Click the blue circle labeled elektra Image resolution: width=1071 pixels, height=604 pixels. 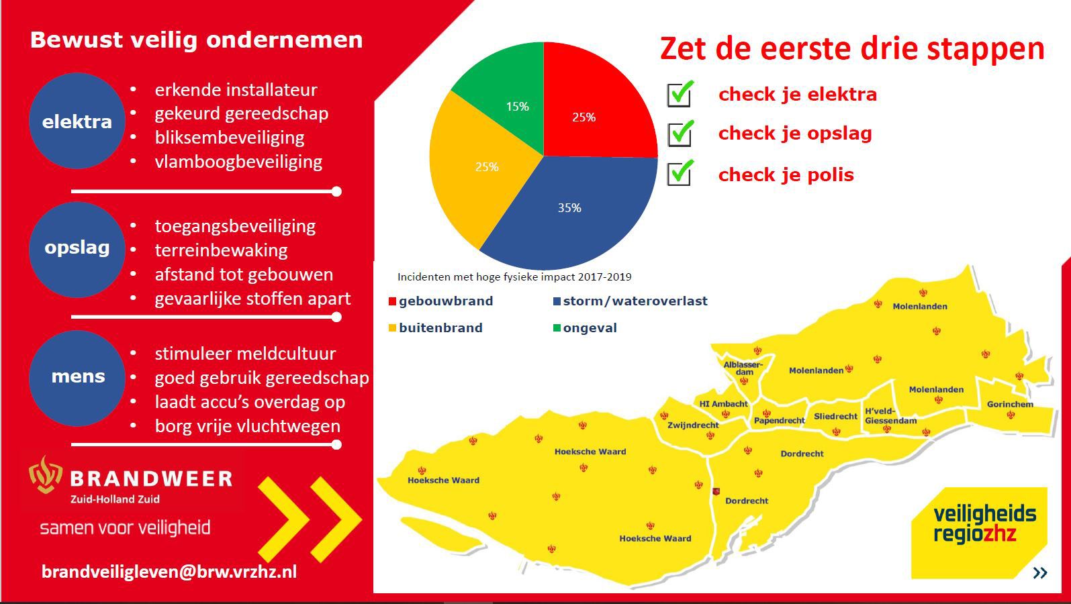click(77, 121)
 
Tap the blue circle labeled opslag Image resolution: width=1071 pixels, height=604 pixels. click(77, 248)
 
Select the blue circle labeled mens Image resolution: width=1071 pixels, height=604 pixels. click(77, 376)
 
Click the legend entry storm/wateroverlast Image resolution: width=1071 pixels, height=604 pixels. click(635, 301)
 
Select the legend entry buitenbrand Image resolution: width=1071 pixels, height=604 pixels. click(440, 328)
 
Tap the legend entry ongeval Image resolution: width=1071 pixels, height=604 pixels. click(589, 328)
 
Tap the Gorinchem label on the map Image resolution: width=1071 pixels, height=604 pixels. click(1010, 404)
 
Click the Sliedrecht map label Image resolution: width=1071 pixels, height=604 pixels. click(835, 416)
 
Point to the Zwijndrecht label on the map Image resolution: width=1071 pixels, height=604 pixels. click(693, 425)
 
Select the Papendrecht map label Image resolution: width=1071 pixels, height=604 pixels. click(779, 421)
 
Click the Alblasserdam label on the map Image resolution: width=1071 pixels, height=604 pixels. click(743, 368)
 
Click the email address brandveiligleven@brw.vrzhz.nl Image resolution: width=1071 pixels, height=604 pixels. click(169, 571)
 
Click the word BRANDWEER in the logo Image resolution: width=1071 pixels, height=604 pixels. click(151, 479)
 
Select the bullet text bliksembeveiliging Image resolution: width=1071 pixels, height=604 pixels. click(230, 138)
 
